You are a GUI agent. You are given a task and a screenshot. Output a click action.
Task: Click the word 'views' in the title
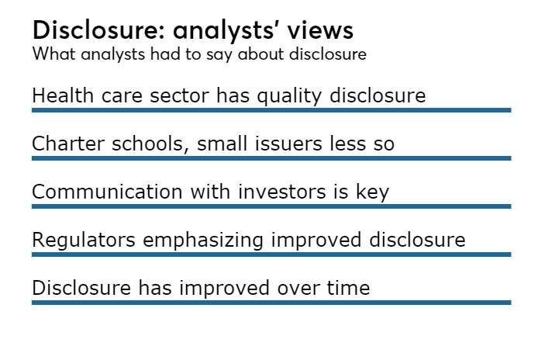coord(320,30)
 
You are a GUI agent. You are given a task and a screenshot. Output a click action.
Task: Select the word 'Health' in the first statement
coord(63,95)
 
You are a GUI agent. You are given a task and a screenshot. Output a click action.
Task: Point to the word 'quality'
coord(289,96)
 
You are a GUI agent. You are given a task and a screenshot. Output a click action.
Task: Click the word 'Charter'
coord(68,144)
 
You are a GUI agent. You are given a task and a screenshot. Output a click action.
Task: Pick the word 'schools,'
coord(150,144)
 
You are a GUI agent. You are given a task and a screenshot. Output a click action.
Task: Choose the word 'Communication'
coord(107,192)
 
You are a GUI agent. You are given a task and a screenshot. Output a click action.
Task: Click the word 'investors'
coord(281,192)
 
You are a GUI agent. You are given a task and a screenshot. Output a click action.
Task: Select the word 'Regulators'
coord(84,240)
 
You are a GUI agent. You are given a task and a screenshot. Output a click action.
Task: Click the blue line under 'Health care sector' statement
coord(271,110)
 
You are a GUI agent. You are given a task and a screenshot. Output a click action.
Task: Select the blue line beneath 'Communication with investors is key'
coord(271,206)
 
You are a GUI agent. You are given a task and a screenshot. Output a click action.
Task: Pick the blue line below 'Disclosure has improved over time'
coord(271,303)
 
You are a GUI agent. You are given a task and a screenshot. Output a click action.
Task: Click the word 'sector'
coord(180,95)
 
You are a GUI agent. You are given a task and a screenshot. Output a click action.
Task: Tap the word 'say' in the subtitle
coord(219,55)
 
